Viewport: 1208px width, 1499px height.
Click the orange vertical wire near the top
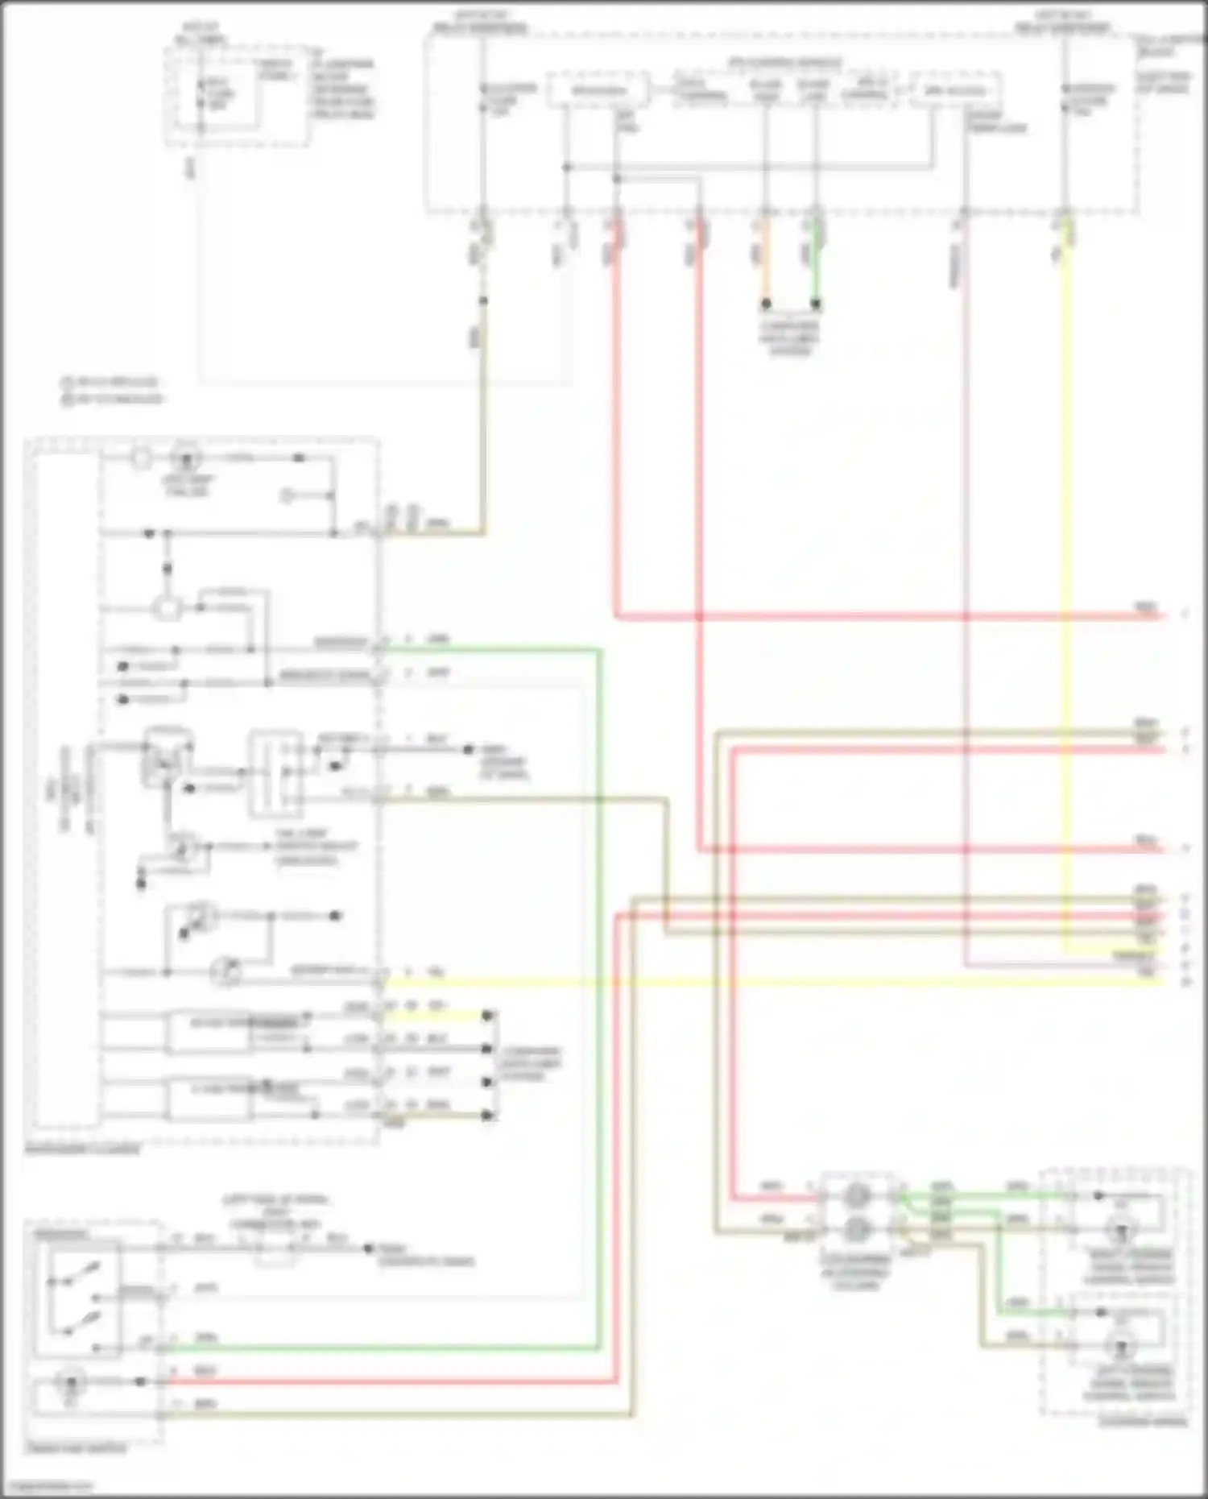tap(766, 266)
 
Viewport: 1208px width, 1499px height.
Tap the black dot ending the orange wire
tap(766, 304)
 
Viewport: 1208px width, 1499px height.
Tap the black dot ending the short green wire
tap(816, 304)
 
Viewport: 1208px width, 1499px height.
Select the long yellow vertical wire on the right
tap(1067, 564)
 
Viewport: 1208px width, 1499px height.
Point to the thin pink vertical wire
tap(965, 564)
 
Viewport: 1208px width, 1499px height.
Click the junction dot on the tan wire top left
tap(483, 301)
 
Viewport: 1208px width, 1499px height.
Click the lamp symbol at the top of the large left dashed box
tap(188, 459)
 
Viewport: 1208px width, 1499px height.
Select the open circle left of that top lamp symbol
tap(141, 459)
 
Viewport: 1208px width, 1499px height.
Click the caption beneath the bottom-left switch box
tap(76, 1448)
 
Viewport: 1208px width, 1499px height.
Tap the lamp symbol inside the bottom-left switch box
tap(69, 1382)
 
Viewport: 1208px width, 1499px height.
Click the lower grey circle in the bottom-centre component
tap(856, 1228)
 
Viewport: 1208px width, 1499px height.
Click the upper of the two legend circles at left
tap(67, 383)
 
